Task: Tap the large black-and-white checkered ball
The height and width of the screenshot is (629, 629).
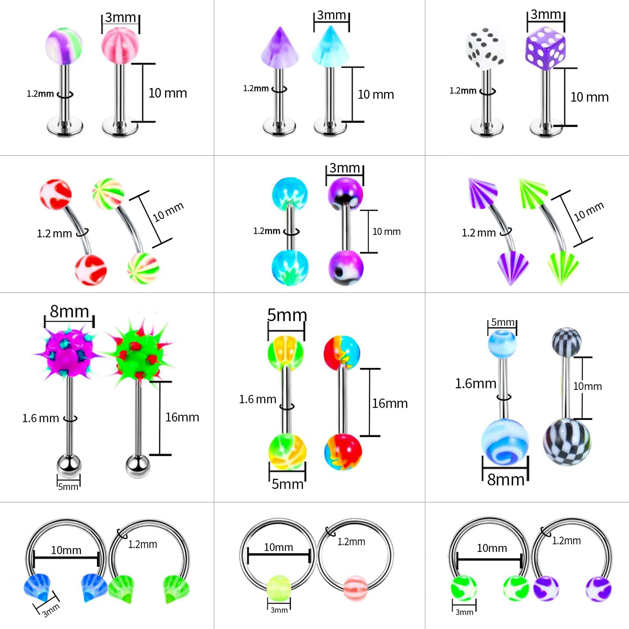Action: coord(566,442)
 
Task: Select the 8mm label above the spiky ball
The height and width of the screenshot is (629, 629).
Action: coord(69,311)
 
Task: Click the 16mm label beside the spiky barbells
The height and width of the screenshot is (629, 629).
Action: coord(182,417)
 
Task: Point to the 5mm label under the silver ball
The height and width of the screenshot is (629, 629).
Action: coord(68,487)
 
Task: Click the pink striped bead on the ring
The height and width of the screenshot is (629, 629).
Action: coord(355,588)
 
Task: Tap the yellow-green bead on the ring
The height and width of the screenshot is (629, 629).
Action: coord(279,587)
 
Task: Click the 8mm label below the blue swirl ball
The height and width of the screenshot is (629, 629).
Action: coord(506,480)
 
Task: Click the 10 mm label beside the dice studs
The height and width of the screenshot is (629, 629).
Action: coord(589,97)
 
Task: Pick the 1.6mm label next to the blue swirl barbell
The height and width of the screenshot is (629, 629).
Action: coord(476,383)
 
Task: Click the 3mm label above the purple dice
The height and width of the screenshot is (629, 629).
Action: coord(546,14)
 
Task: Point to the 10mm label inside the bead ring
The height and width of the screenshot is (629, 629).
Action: coord(278,547)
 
